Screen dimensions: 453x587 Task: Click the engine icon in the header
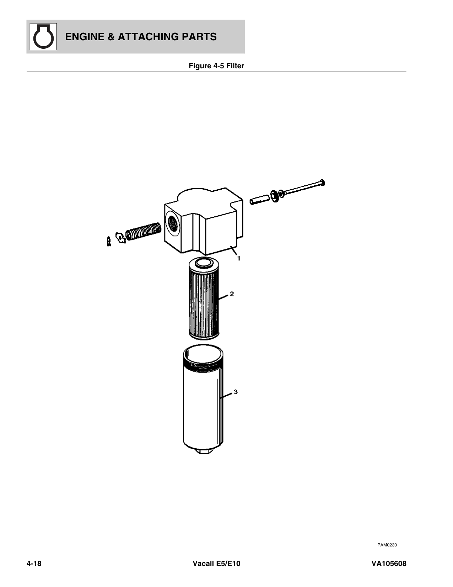coord(43,37)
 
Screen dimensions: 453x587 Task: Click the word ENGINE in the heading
coord(85,37)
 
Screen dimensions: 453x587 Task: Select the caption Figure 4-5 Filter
coord(216,66)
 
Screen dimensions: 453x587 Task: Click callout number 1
coord(239,259)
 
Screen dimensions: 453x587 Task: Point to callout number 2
coord(232,293)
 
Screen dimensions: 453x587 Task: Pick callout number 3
coord(236,392)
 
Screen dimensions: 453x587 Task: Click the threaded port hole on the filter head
coord(172,223)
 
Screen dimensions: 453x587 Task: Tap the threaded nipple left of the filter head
coord(144,231)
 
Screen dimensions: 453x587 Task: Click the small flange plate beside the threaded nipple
coord(120,238)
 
